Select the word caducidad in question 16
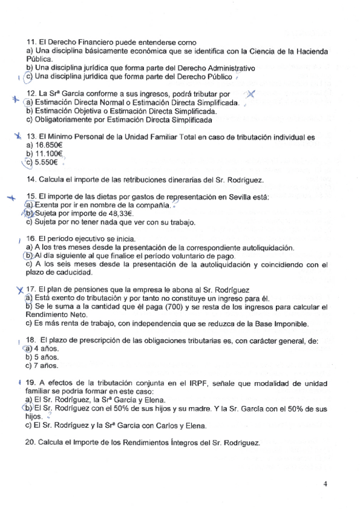(67, 273)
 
